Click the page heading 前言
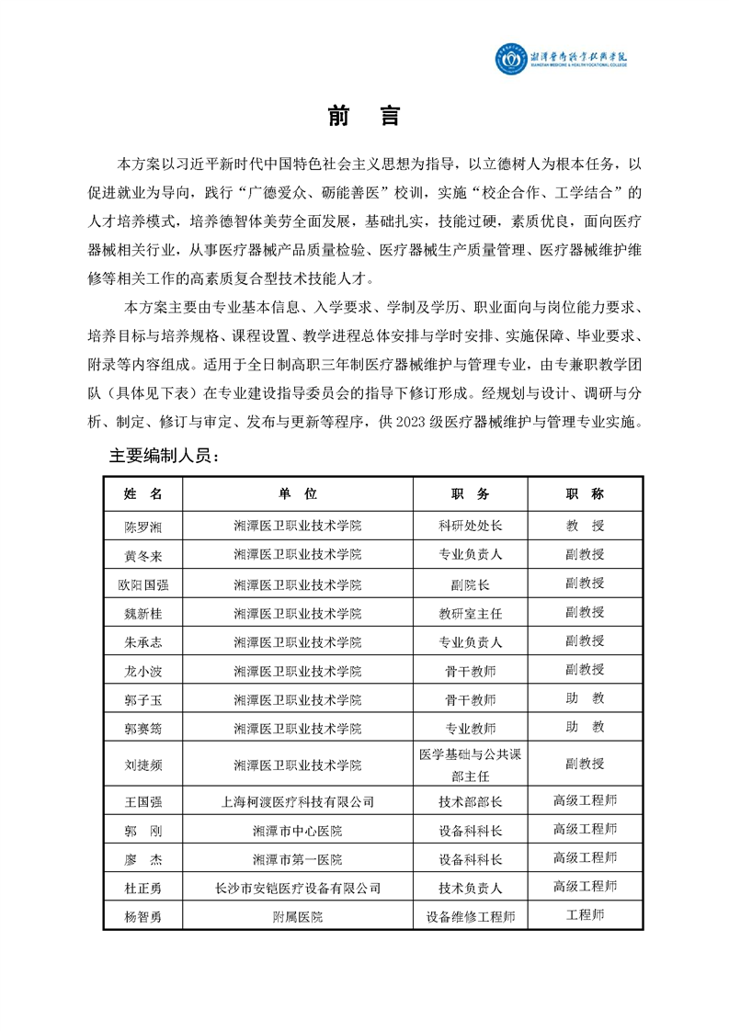[364, 118]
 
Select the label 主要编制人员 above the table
[165, 456]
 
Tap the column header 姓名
[142, 493]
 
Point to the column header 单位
[298, 493]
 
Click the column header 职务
[471, 493]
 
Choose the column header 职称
[585, 493]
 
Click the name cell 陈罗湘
[142, 527]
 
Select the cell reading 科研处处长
[471, 527]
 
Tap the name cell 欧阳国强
[142, 584]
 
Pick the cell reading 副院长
[471, 584]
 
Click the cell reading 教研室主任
[471, 613]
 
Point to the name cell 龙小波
[142, 670]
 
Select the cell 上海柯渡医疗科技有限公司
[298, 801]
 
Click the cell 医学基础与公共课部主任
[471, 765]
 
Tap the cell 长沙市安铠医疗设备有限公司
[298, 888]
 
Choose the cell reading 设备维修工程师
[471, 916]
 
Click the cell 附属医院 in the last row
[298, 916]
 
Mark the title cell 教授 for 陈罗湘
[585, 527]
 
